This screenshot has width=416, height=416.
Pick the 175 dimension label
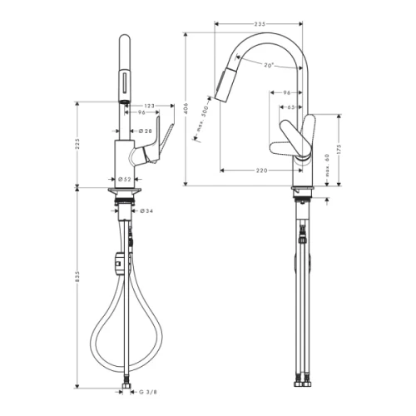pos(340,151)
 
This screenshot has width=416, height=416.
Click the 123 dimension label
pos(151,105)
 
